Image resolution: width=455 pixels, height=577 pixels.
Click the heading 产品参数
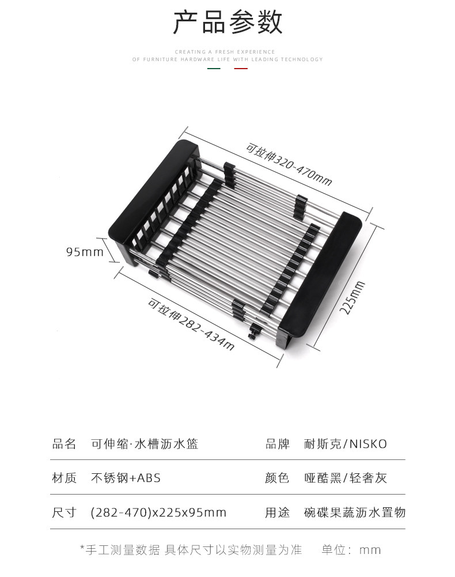click(227, 23)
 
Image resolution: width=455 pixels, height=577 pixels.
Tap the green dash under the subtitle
click(214, 69)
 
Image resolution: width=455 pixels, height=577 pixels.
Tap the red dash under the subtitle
click(241, 69)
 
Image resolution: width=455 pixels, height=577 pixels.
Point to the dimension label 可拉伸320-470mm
click(289, 164)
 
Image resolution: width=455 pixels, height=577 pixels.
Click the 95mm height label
click(85, 252)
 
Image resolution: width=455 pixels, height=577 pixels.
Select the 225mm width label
click(352, 297)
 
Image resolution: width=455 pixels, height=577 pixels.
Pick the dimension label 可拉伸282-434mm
click(191, 325)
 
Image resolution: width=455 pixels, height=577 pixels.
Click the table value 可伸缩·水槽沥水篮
click(145, 444)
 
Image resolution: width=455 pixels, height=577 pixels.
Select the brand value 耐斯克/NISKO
click(346, 444)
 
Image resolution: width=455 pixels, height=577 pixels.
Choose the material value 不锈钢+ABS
click(126, 478)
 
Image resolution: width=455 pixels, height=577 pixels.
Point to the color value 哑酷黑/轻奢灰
click(346, 478)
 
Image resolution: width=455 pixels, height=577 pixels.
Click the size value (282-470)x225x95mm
click(158, 512)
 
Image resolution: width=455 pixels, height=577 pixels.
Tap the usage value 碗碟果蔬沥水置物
click(355, 512)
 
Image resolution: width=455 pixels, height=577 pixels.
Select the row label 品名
click(64, 444)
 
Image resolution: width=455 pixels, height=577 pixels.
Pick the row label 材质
click(64, 478)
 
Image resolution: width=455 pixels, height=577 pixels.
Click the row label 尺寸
click(64, 512)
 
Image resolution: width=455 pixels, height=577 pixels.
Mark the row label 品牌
click(277, 444)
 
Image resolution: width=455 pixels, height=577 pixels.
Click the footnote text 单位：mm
click(351, 550)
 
